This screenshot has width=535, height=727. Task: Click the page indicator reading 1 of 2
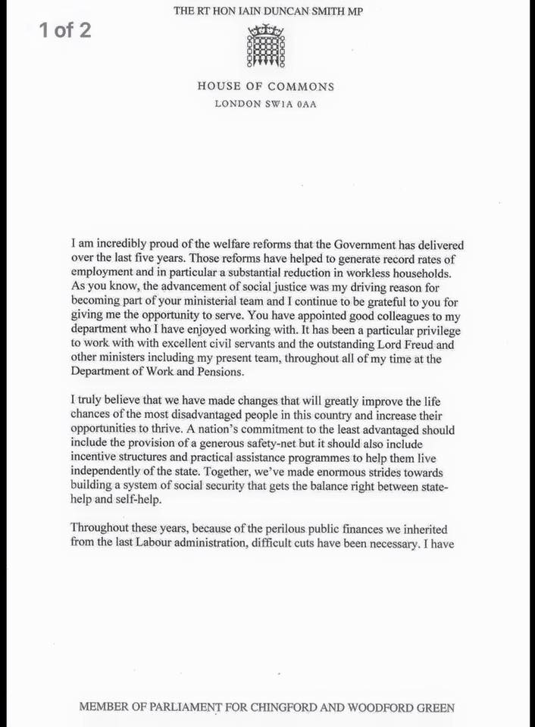(x=64, y=30)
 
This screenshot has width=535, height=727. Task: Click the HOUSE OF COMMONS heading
(x=266, y=86)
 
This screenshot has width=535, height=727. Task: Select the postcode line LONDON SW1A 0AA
(x=266, y=104)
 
